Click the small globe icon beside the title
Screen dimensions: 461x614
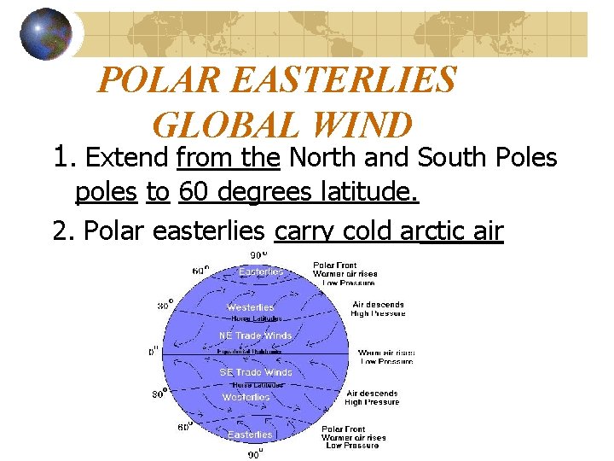pyautogui.click(x=46, y=34)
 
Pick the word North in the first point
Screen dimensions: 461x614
pyautogui.click(x=325, y=159)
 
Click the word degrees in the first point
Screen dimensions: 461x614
pyautogui.click(x=272, y=194)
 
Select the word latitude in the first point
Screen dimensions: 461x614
pyautogui.click(x=376, y=194)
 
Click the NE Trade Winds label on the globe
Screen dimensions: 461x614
pyautogui.click(x=255, y=336)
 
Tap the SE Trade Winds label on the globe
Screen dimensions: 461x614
pyautogui.click(x=255, y=372)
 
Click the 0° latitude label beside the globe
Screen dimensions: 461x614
pyautogui.click(x=153, y=351)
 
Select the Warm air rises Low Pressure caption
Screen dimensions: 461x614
pyautogui.click(x=385, y=357)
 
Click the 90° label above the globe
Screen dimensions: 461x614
pyautogui.click(x=257, y=254)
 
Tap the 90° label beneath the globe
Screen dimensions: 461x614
pyautogui.click(x=255, y=453)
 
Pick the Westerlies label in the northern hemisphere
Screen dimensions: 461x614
pyautogui.click(x=250, y=307)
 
